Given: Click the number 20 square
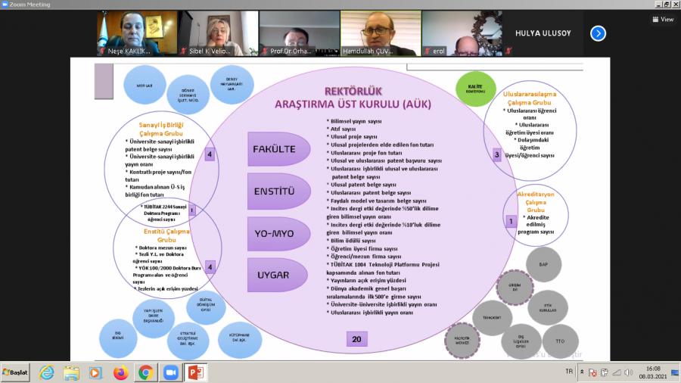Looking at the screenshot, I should click(356, 339).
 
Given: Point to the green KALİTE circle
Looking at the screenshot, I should click(475, 89).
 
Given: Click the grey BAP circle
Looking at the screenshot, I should click(543, 264).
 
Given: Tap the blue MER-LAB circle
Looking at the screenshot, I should click(145, 86).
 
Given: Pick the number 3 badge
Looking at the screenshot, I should click(497, 154).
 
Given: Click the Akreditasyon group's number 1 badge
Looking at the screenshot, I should click(511, 222).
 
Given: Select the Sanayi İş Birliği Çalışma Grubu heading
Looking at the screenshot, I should click(161, 129).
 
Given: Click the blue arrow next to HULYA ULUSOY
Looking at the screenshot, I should click(598, 33).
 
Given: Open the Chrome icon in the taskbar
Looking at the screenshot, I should click(145, 372).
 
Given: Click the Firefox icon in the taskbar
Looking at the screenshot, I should click(120, 372).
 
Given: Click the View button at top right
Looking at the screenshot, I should click(663, 20).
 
